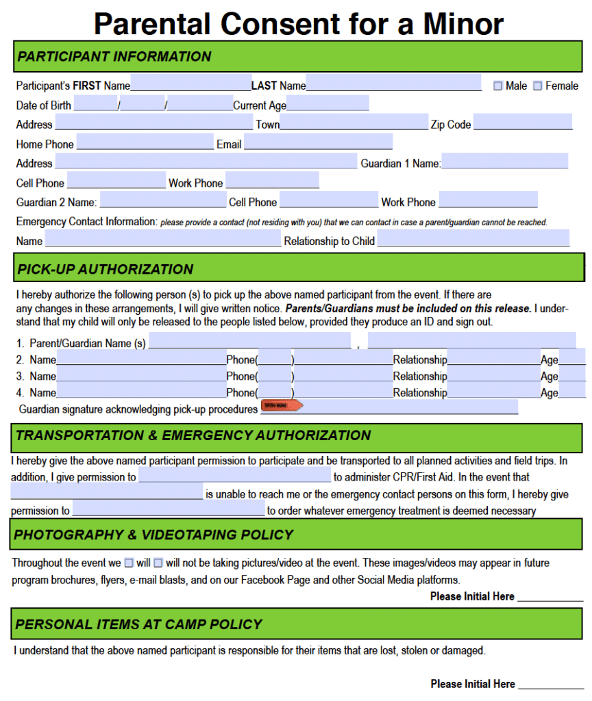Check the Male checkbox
click(x=498, y=86)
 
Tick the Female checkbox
click(x=538, y=86)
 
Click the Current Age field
click(x=328, y=104)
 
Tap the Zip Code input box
click(x=522, y=123)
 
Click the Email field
click(x=318, y=142)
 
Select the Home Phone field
click(x=145, y=142)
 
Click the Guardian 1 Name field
click(x=505, y=162)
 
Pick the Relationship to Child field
click(x=473, y=239)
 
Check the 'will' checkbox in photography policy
click(x=128, y=563)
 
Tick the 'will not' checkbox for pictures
click(x=158, y=563)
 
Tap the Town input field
click(x=354, y=123)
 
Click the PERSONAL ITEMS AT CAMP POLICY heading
click(x=138, y=624)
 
